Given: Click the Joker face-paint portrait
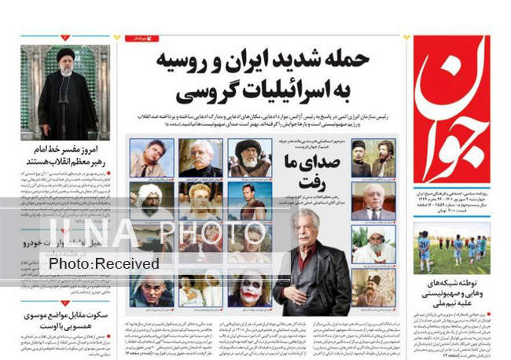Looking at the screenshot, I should (x=250, y=290).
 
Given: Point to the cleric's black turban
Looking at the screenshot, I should (x=65, y=55).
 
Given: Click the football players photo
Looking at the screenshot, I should (x=451, y=247).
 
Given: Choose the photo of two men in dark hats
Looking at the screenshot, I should (x=373, y=158).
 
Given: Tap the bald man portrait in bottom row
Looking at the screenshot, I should (x=151, y=290).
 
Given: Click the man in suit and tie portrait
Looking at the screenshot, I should (x=373, y=202).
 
